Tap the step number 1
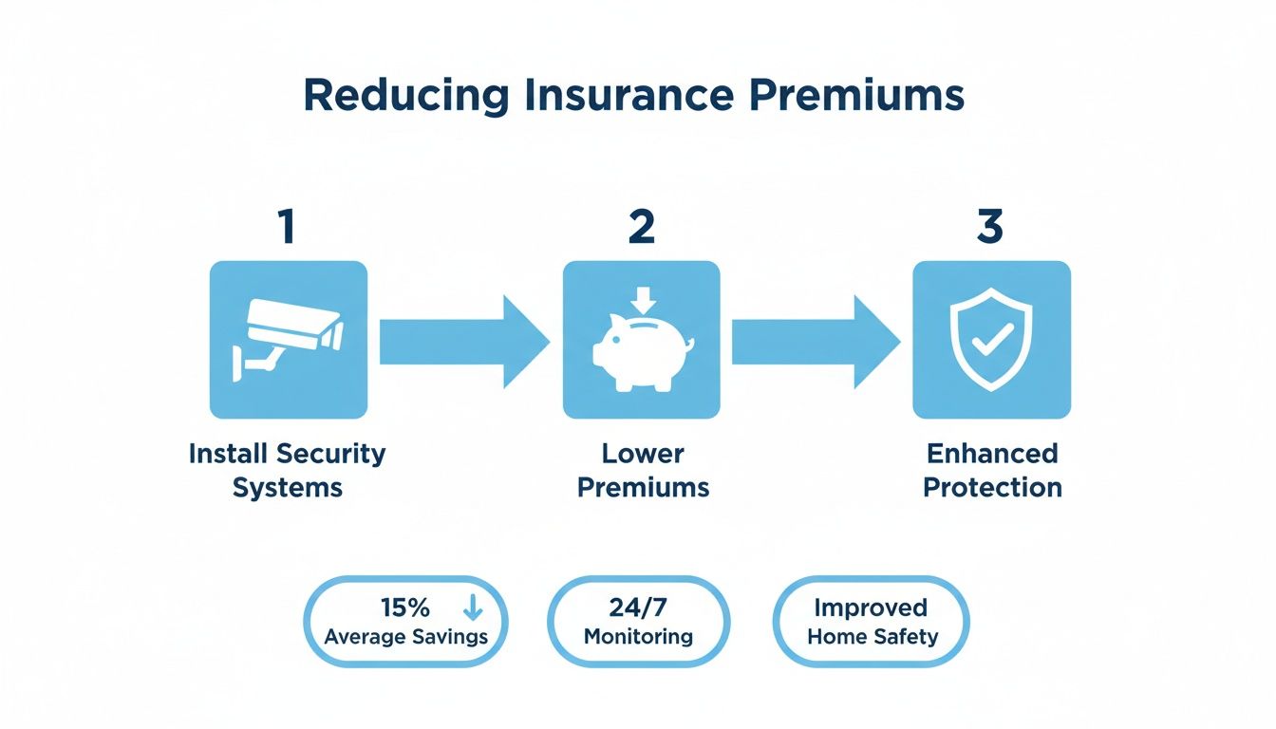pyautogui.click(x=287, y=228)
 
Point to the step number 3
pyautogui.click(x=990, y=228)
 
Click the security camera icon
pyautogui.click(x=288, y=340)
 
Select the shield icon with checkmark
pyautogui.click(x=991, y=340)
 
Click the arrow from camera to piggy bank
pyautogui.click(x=463, y=342)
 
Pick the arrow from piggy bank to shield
pyautogui.click(x=815, y=342)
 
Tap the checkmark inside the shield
pyautogui.click(x=992, y=339)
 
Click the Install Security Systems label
pyautogui.click(x=288, y=470)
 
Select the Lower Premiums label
pyautogui.click(x=643, y=470)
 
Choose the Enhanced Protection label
pyautogui.click(x=992, y=470)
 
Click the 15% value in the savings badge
pyautogui.click(x=404, y=607)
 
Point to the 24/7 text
pyautogui.click(x=638, y=607)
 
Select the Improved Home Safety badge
pyautogui.click(x=872, y=622)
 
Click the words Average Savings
pyautogui.click(x=405, y=636)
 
